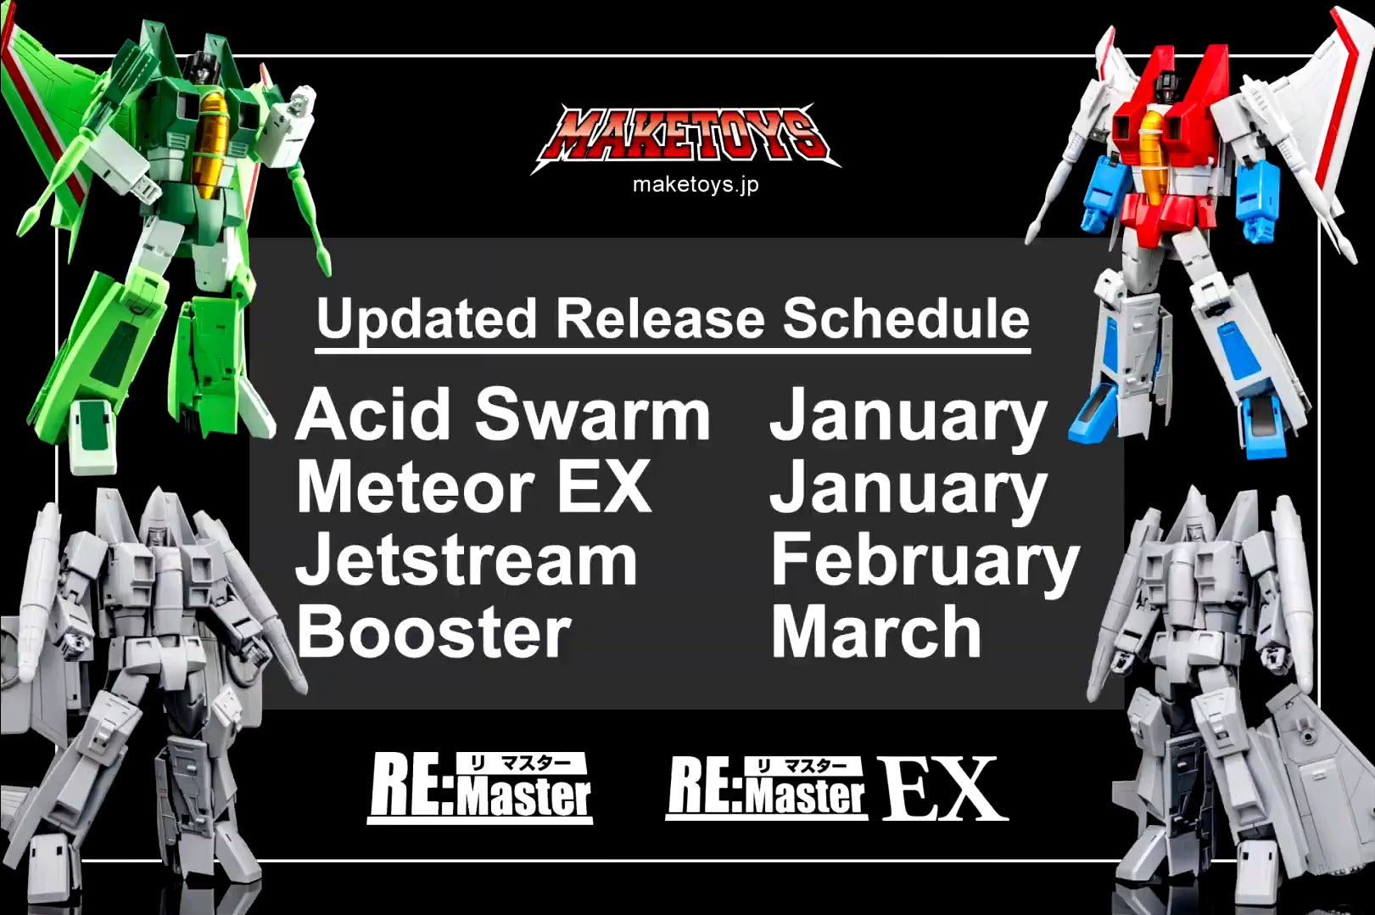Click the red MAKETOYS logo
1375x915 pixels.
685,138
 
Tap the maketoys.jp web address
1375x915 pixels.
696,185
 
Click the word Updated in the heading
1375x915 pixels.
427,318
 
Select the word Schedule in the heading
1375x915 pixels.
906,318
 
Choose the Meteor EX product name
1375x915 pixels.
473,486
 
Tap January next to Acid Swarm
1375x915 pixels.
908,418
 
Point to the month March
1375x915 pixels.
876,632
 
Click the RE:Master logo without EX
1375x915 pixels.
480,789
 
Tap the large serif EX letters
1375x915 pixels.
945,789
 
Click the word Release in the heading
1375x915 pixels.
660,318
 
